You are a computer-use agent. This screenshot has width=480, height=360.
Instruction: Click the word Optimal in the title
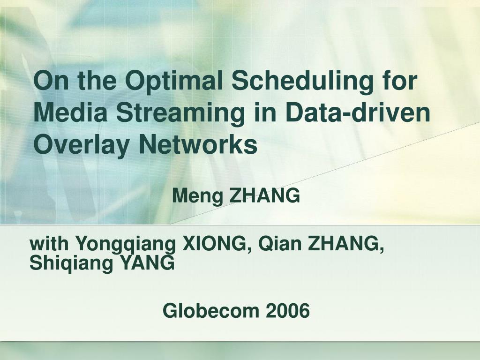pyautogui.click(x=174, y=82)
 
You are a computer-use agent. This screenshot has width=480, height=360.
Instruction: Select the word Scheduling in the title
pyautogui.click(x=302, y=82)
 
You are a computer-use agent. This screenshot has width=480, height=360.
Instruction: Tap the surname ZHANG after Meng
pyautogui.click(x=265, y=195)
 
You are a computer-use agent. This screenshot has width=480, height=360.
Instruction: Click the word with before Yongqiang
pyautogui.click(x=49, y=243)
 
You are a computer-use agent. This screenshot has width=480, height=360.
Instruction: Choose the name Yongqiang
pyautogui.click(x=126, y=245)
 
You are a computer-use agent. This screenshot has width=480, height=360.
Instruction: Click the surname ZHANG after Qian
pyautogui.click(x=346, y=244)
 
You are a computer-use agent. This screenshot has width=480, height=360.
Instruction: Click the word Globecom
pyautogui.click(x=211, y=311)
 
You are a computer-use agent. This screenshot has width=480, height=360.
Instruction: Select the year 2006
pyautogui.click(x=288, y=311)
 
